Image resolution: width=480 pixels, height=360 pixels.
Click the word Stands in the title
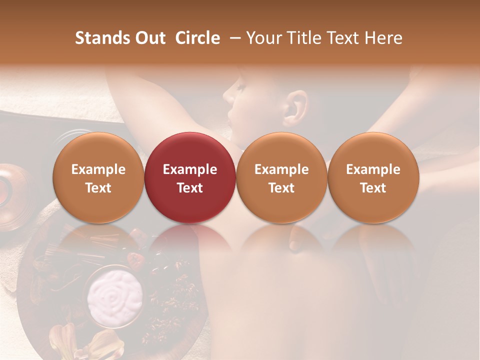tap(99, 38)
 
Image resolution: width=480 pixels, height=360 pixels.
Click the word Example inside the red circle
tap(190, 169)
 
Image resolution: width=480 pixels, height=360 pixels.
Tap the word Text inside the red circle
tap(190, 188)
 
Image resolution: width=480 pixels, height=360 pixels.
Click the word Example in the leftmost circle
tap(98, 169)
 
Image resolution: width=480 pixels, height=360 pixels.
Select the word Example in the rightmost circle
tap(373, 169)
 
